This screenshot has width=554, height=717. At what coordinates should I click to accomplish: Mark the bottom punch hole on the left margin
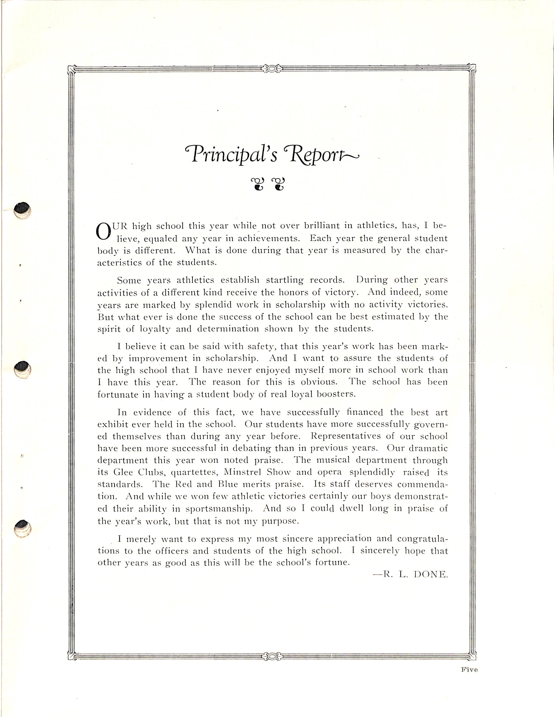(22, 528)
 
